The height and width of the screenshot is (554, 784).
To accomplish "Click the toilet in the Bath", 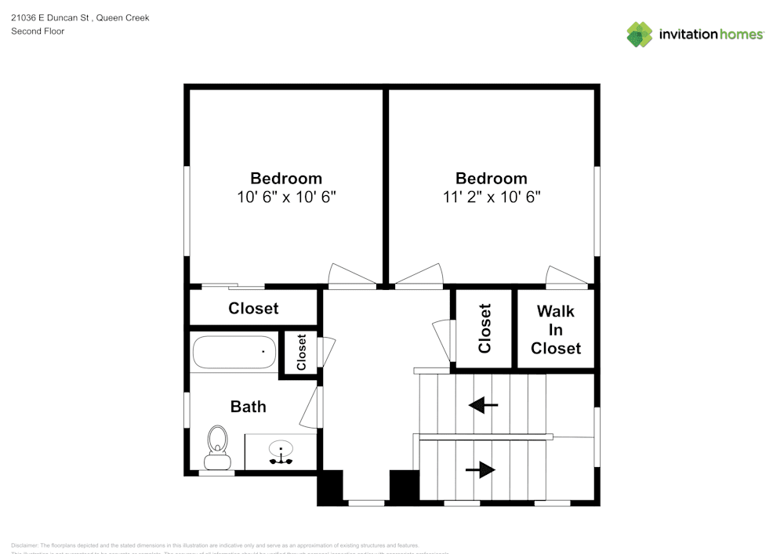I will (216, 443).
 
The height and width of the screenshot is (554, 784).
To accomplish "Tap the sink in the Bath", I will (281, 452).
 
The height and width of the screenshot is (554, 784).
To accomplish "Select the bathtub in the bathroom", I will (234, 353).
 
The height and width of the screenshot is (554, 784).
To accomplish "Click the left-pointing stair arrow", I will (483, 405).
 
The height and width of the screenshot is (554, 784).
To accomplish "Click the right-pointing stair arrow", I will (481, 469).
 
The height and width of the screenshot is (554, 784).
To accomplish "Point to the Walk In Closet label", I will (555, 330).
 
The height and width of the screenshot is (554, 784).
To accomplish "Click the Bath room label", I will (248, 407).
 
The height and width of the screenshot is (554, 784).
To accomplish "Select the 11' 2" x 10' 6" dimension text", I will (491, 197).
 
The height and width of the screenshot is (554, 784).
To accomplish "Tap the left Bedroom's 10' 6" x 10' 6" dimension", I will (286, 197).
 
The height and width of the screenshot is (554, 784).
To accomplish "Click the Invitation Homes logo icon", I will (639, 34).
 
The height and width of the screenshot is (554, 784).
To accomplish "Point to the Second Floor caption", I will (38, 31).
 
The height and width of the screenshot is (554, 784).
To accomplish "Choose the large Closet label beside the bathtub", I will (253, 309).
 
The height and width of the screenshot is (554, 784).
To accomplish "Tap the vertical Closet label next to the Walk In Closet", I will (485, 328).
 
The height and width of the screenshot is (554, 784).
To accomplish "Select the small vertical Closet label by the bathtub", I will (301, 353).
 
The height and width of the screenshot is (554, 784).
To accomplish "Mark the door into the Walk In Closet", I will (566, 276).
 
